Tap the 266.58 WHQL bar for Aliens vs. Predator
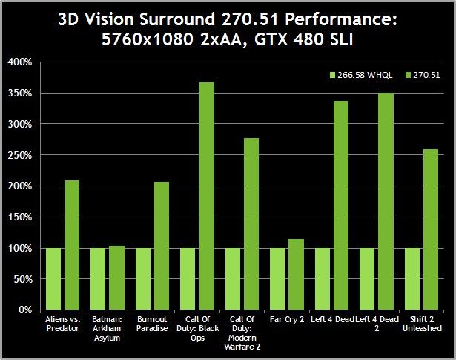coord(53,278)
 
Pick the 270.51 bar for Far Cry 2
coord(296,274)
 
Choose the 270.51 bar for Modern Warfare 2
coord(251,223)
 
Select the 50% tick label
coord(23,278)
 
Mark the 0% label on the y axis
coord(25,310)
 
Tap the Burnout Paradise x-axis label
coord(153,324)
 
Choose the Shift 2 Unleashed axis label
coord(423,324)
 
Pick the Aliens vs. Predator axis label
coord(62,324)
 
